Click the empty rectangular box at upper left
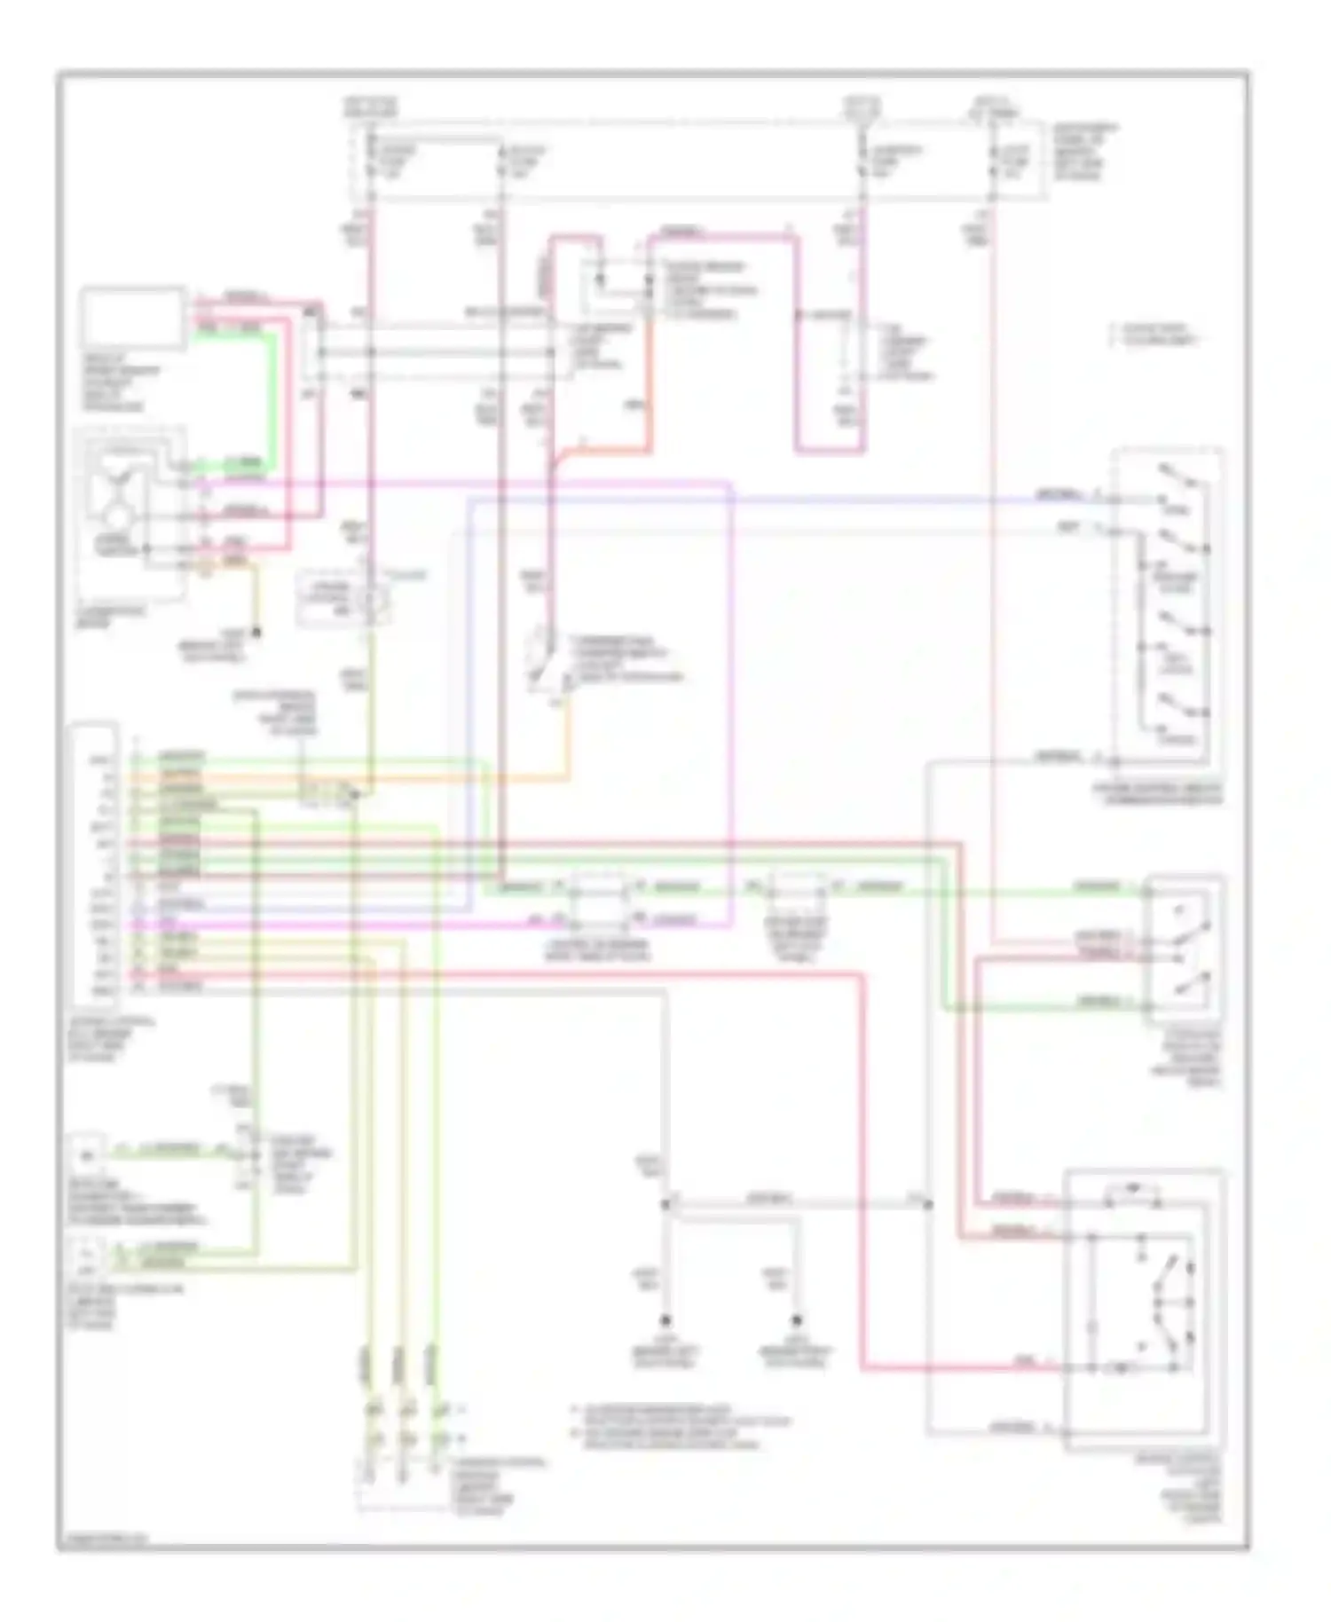133,317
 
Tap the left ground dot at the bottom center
664,1319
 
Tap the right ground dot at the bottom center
797,1319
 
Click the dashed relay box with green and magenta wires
598,900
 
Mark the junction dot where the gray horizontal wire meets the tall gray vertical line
928,1204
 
